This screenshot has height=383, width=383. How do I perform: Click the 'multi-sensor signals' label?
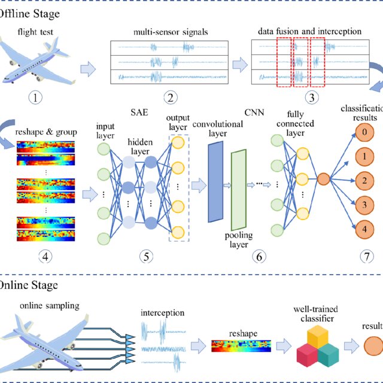(169, 32)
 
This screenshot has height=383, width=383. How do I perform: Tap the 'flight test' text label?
(33, 32)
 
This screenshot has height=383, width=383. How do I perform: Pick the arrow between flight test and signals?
(88, 69)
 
